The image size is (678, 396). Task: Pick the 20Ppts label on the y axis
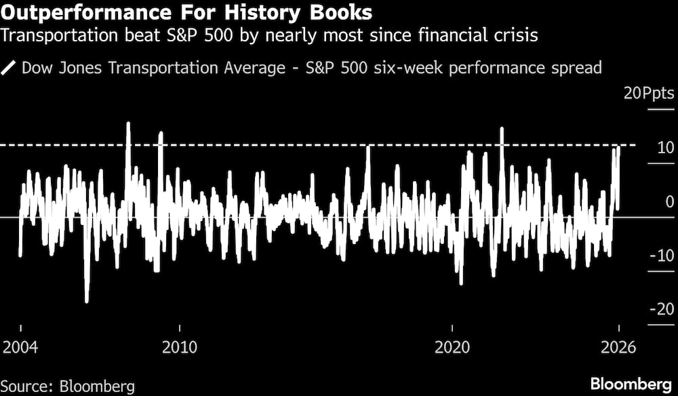(649, 93)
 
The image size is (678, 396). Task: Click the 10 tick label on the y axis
(665, 147)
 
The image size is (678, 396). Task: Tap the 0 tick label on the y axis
(669, 201)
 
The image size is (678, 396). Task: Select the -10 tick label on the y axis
(662, 256)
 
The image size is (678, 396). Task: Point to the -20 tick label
(662, 309)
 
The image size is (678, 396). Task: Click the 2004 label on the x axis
(21, 347)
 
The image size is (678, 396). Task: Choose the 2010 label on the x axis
(180, 347)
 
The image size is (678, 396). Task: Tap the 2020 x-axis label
(452, 347)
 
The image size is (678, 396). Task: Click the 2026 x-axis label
(618, 347)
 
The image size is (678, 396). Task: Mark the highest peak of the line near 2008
(128, 123)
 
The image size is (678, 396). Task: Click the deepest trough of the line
(87, 302)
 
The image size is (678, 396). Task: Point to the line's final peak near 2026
(618, 146)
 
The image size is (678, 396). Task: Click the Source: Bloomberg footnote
(68, 386)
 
